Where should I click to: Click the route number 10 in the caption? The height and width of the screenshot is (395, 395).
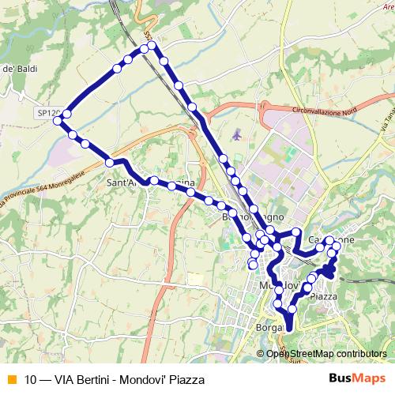31,379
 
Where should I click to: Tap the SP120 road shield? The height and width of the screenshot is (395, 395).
47,114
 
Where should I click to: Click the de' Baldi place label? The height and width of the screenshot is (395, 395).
20,70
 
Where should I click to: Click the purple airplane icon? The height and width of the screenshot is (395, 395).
237,134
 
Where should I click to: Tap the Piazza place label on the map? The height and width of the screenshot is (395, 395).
325,296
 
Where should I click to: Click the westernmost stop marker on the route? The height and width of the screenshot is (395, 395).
57,120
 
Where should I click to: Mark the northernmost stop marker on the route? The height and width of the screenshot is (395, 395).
152,47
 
